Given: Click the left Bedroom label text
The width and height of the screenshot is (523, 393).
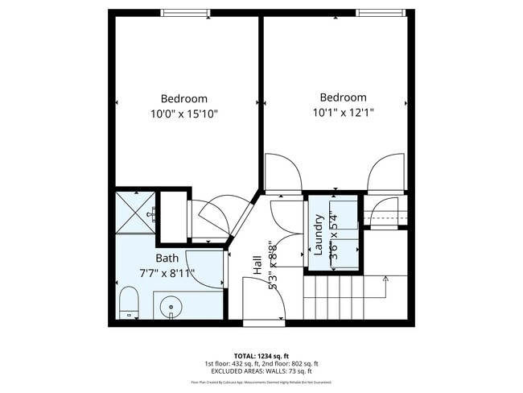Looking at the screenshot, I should [x=183, y=98].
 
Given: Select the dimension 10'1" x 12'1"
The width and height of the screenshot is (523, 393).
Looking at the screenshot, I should [x=343, y=112].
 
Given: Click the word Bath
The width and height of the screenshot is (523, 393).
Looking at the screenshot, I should [x=167, y=259].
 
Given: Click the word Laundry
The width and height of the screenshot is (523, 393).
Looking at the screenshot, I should [x=319, y=234].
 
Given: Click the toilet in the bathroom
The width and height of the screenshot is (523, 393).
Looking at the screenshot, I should [x=129, y=304].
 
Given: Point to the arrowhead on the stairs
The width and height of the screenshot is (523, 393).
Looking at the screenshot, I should [x=387, y=279].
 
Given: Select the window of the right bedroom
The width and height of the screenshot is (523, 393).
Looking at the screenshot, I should [x=380, y=12].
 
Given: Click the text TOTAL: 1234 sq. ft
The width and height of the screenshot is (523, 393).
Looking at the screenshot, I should [x=261, y=354].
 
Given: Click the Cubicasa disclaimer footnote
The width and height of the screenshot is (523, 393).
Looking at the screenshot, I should [x=261, y=383].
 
